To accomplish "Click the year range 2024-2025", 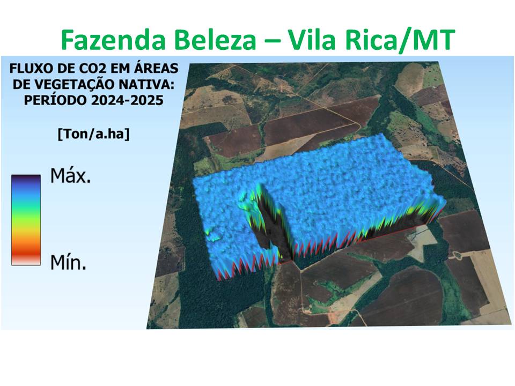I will [x=126, y=101].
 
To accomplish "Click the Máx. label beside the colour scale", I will [x=71, y=175].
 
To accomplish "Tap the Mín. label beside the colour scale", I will [x=69, y=262].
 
